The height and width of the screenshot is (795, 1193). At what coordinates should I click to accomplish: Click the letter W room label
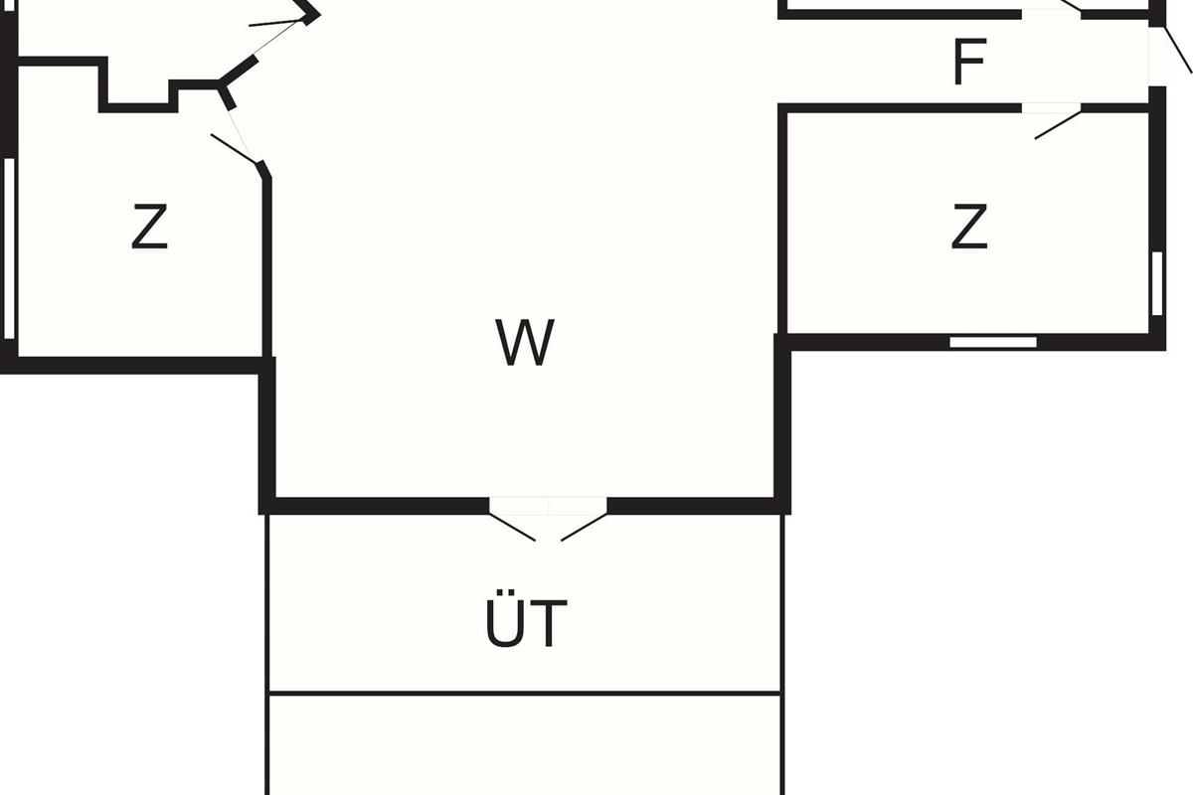(524, 344)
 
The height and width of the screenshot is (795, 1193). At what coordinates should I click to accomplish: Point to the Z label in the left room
(149, 228)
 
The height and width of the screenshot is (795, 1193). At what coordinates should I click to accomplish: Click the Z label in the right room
(968, 228)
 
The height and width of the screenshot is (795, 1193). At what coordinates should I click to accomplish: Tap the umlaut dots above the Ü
(504, 599)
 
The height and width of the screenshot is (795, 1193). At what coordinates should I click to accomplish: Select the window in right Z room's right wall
(1157, 283)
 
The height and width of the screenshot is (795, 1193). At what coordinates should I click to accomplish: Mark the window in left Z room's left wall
(9, 248)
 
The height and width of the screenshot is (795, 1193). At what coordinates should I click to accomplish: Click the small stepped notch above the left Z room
(139, 94)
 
